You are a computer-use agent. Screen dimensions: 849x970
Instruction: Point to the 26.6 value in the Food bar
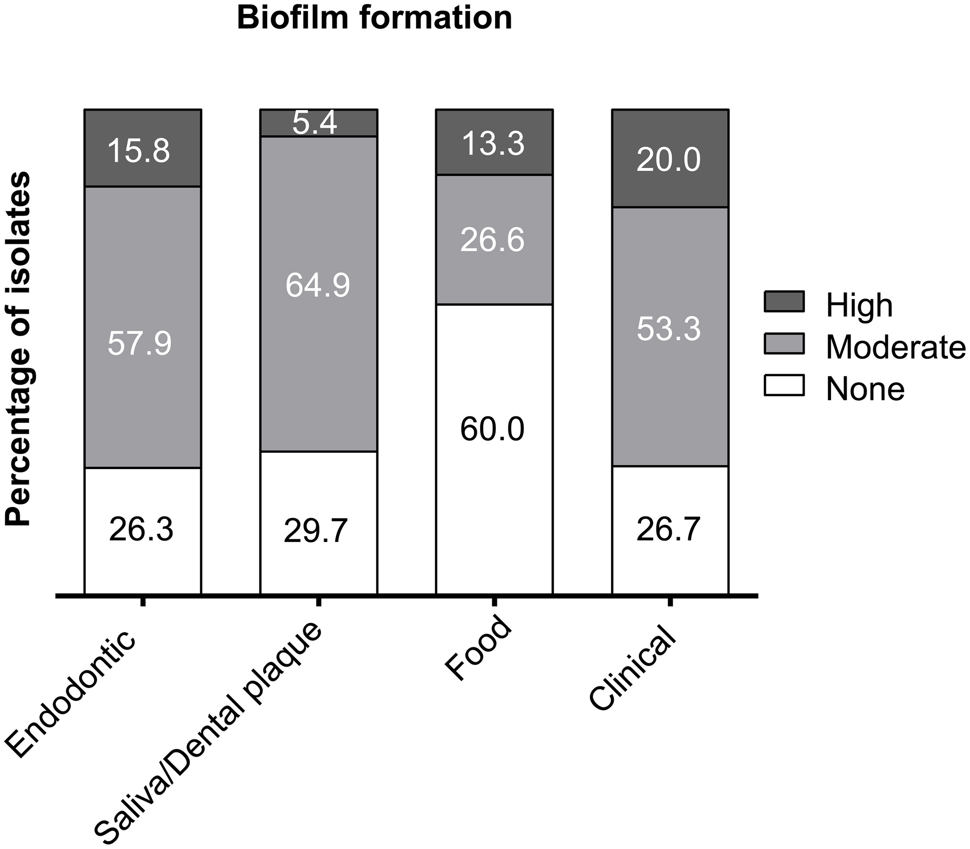pyautogui.click(x=493, y=240)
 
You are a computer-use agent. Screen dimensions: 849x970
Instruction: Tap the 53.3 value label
pyautogui.click(x=669, y=328)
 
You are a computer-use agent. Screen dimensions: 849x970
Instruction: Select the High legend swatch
pyautogui.click(x=784, y=302)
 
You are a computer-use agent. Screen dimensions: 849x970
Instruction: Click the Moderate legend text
pyautogui.click(x=896, y=347)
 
